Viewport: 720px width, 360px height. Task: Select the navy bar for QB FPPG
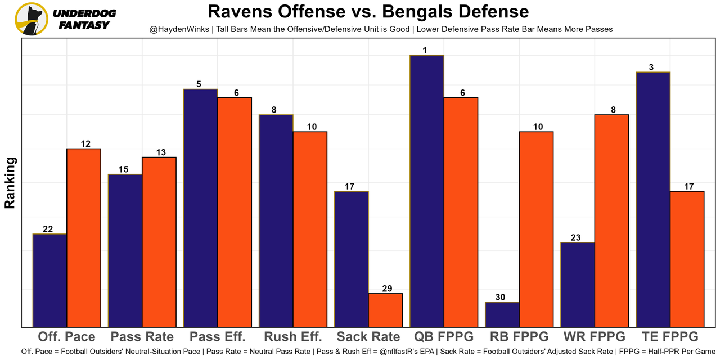click(427, 191)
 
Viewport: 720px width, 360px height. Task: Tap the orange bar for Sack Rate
click(385, 310)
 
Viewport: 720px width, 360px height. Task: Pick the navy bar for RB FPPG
click(502, 314)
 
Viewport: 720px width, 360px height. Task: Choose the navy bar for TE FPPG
click(653, 200)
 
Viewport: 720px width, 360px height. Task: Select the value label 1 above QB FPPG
click(425, 51)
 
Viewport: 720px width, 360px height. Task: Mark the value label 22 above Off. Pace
click(48, 229)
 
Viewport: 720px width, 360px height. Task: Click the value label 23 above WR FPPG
click(575, 238)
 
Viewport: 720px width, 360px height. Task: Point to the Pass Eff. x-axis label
click(217, 337)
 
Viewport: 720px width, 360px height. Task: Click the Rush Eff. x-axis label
click(292, 337)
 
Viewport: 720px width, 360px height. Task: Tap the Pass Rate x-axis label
click(142, 337)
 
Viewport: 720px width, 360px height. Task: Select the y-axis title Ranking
click(10, 183)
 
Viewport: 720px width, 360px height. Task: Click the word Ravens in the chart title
click(236, 12)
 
